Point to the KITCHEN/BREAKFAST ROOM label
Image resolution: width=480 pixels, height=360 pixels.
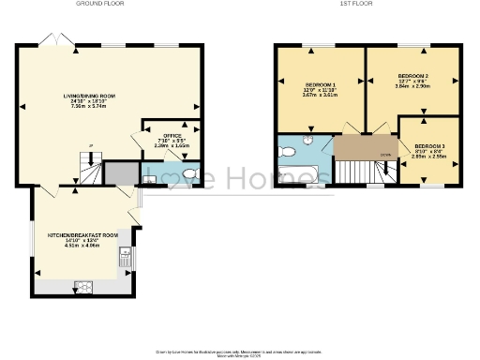pos(83,234)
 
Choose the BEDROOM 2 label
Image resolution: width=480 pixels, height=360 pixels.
pos(412,75)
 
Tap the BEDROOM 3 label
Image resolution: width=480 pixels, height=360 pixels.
pos(429,146)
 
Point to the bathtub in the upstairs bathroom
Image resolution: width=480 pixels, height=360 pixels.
pos(302,175)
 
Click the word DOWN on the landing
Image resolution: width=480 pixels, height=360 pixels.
pos(385,156)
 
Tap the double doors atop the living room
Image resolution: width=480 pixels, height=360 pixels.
pos(51,41)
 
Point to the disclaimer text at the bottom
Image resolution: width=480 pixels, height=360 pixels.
pos(239,351)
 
